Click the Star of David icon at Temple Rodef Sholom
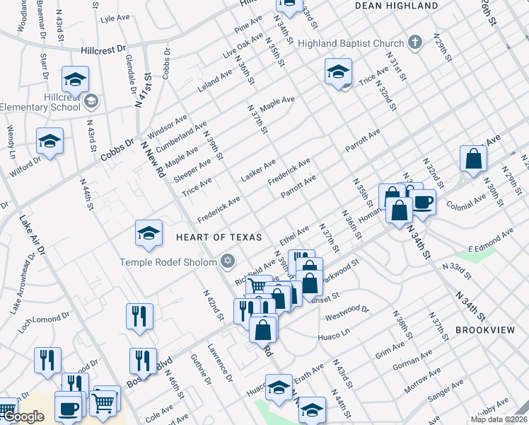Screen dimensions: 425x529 tap(227, 261)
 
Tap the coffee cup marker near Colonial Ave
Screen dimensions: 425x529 tap(423, 202)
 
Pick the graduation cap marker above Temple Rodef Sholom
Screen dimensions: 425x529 tap(149, 234)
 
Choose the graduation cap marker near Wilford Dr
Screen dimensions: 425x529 tap(50, 142)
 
